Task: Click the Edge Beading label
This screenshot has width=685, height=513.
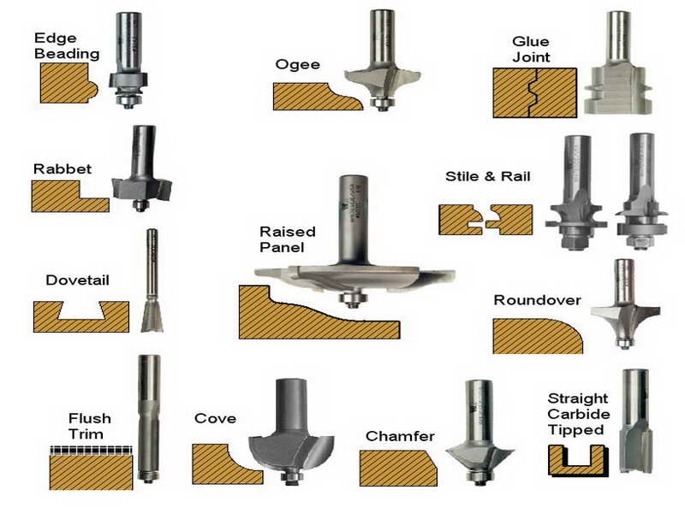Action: (x=66, y=45)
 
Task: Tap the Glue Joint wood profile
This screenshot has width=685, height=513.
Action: (x=533, y=92)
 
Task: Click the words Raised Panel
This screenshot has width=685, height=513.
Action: (x=287, y=239)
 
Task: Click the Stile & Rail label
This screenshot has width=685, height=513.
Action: (x=487, y=177)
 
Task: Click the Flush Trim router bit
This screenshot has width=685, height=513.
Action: (x=149, y=419)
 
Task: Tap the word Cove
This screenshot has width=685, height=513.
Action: (x=215, y=419)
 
